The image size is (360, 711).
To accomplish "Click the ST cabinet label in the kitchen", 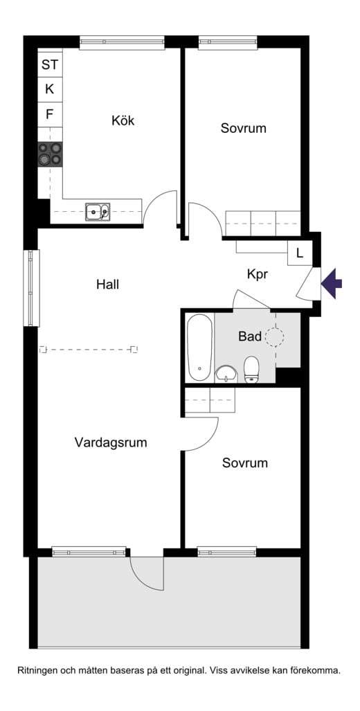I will point(50,65).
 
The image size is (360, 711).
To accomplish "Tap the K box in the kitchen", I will point(50,89).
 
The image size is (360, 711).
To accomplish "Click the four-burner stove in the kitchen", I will point(50,154).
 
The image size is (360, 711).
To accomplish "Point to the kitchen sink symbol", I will point(97,211).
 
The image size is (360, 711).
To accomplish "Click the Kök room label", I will point(123,120).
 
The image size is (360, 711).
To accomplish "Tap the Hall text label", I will point(107,284).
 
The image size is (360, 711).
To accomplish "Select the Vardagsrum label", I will point(111,442).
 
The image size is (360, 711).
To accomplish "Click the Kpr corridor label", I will point(257,274).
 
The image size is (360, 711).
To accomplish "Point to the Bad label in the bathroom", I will point(250,336).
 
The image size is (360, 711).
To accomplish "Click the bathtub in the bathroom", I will point(199,348).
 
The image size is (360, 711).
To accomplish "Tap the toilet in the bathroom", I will point(251,369).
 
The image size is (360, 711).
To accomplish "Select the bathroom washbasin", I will point(225,374).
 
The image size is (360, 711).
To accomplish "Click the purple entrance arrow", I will point(332,283).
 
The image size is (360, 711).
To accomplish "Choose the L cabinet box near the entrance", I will point(299,253).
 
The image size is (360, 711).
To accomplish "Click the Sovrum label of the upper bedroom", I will point(243,128).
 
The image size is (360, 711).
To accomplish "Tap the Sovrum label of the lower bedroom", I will point(244,462).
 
